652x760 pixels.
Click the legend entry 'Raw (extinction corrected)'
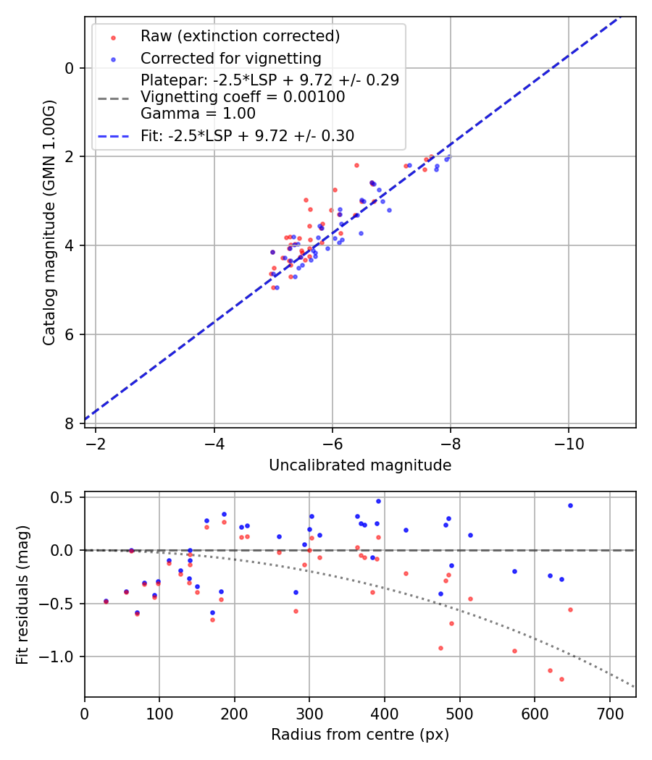[240, 36]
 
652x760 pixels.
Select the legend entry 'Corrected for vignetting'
[230, 58]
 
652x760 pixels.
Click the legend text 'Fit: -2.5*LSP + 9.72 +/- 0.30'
[247, 135]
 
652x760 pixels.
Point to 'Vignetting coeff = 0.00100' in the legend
[243, 97]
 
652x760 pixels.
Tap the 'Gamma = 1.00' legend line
[198, 114]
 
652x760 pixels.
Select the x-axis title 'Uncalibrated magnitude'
[360, 465]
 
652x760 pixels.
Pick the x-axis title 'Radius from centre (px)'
[360, 735]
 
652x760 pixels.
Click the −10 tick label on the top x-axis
[569, 441]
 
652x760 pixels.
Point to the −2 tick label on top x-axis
[96, 441]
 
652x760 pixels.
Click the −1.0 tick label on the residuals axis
[58, 657]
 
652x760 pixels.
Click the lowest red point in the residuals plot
[561, 679]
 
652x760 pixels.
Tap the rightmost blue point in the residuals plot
[570, 505]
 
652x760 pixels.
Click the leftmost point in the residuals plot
[106, 601]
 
